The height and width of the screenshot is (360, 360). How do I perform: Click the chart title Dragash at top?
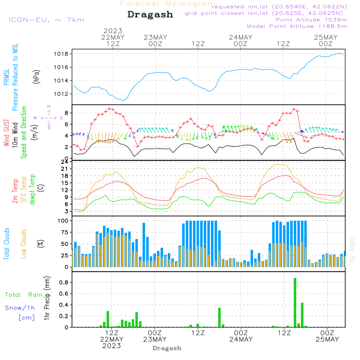pos(150,15)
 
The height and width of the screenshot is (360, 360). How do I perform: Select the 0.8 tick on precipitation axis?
pos(64,283)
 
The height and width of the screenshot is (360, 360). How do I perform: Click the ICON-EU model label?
pos(46,20)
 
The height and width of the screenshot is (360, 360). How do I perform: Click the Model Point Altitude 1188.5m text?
pos(297,26)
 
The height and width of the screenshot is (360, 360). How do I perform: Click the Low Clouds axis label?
pos(24,244)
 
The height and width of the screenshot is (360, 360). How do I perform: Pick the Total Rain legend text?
pos(23,295)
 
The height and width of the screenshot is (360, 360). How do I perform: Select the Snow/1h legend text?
pos(20,308)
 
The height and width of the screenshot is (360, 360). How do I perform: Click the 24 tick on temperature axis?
pos(65,162)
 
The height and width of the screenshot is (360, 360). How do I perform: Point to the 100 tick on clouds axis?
pos(63,220)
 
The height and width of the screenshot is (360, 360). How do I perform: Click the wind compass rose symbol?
pos(49,117)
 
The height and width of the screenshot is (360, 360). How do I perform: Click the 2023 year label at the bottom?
pos(112,346)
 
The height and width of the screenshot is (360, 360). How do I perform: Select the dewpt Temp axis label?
pos(32,190)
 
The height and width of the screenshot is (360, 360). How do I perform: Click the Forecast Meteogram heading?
pos(168,4)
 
